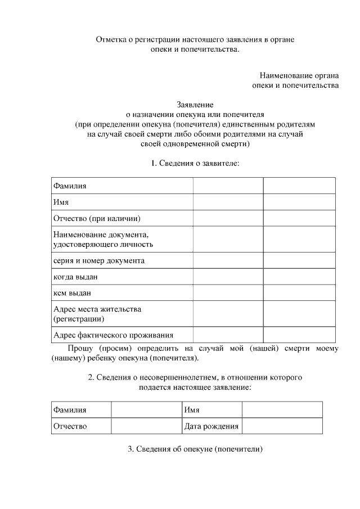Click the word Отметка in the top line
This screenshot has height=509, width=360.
click(110, 40)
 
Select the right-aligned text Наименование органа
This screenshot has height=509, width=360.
click(299, 75)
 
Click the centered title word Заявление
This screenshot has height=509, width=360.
click(195, 104)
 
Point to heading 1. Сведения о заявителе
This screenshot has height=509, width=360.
click(195, 163)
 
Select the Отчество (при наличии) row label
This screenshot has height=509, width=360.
click(96, 218)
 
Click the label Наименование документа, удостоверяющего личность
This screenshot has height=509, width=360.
click(103, 239)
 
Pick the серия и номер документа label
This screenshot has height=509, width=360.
click(98, 260)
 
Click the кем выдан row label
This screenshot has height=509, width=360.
click(72, 293)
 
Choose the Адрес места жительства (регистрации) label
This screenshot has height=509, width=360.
click(97, 314)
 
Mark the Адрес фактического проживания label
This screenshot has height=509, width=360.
click(112, 335)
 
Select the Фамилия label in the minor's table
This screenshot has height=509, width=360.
click(70, 410)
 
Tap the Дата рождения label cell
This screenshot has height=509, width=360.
click(211, 426)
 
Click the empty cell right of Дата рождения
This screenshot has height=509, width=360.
click(282, 426)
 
